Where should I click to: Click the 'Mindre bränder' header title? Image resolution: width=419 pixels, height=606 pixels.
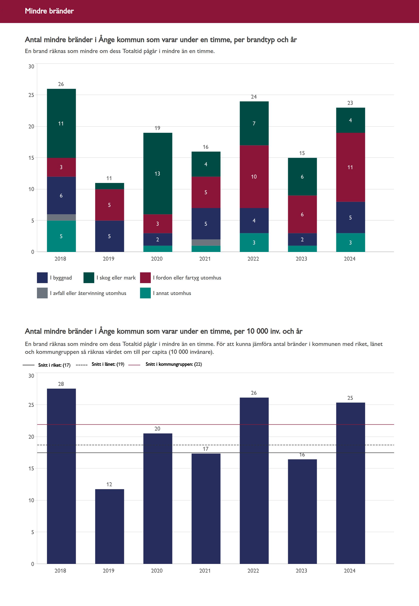click(49, 11)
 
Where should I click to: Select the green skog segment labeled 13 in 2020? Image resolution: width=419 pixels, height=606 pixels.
click(158, 173)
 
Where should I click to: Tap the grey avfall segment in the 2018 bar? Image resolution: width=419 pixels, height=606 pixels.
click(61, 217)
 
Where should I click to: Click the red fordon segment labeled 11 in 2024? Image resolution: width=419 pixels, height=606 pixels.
click(350, 167)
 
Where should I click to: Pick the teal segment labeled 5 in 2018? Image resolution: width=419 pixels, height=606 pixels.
click(61, 236)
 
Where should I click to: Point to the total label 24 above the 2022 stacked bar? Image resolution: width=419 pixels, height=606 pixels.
click(254, 97)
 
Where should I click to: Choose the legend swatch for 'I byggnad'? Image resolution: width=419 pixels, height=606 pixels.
click(42, 278)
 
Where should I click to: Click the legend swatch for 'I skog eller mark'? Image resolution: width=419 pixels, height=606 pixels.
click(89, 278)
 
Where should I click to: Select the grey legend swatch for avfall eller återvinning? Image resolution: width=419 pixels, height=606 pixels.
click(42, 293)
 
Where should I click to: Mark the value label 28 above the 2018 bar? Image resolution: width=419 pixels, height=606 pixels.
click(61, 384)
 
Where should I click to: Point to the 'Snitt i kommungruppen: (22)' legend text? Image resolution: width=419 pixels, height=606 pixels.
click(174, 364)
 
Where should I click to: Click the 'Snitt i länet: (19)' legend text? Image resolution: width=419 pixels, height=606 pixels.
click(108, 364)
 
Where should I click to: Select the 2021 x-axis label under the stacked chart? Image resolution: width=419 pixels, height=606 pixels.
click(205, 259)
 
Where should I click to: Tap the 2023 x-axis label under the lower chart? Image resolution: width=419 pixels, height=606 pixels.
click(301, 571)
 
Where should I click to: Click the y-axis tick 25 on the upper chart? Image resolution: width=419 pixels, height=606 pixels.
click(31, 95)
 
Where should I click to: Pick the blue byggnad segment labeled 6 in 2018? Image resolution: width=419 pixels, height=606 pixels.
click(61, 195)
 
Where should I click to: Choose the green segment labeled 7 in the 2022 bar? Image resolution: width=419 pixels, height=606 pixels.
click(254, 123)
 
